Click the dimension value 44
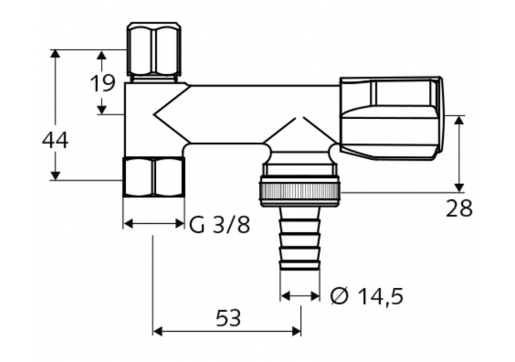(x=55, y=140)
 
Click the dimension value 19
(x=102, y=83)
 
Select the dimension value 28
(x=459, y=208)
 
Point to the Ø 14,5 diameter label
(x=367, y=296)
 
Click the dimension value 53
(x=228, y=318)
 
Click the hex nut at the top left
(x=154, y=49)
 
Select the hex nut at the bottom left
(x=154, y=177)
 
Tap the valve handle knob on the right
(x=391, y=118)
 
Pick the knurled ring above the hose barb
(x=300, y=191)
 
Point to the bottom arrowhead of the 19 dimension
(x=102, y=109)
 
